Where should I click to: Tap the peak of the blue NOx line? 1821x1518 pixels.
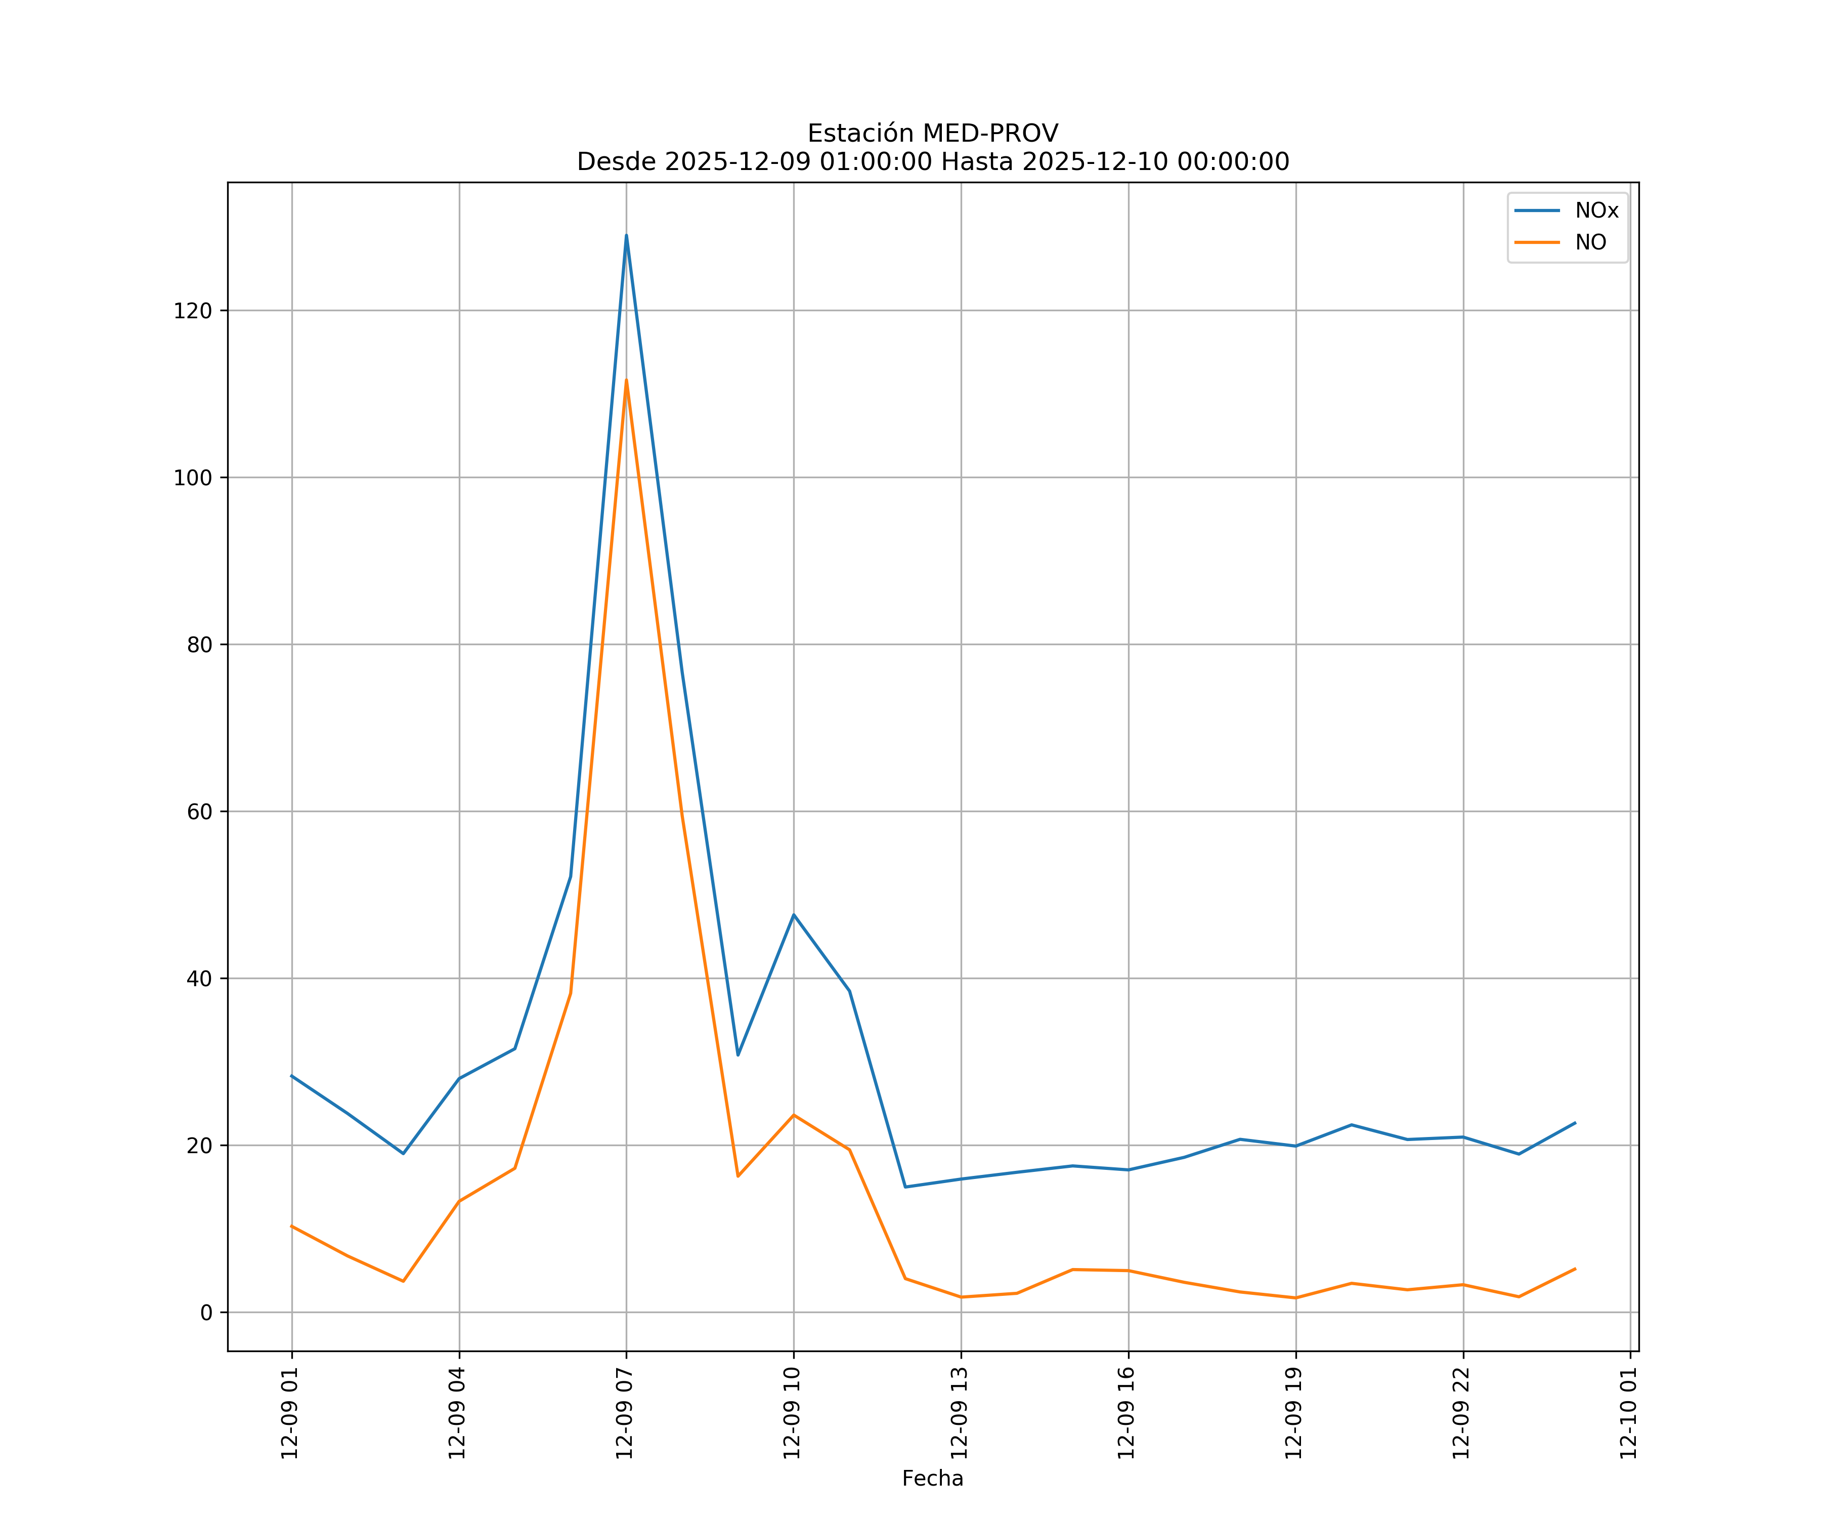click(x=626, y=235)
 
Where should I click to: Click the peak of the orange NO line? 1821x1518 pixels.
click(x=626, y=380)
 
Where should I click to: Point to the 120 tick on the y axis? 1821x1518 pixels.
click(x=193, y=311)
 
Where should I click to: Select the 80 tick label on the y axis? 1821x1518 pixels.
click(x=199, y=645)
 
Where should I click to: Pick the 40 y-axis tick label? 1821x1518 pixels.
click(x=199, y=979)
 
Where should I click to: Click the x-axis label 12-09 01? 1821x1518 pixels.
click(x=290, y=1413)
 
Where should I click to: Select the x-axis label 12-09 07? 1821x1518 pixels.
click(x=624, y=1413)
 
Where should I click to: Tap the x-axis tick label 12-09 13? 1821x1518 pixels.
click(x=959, y=1413)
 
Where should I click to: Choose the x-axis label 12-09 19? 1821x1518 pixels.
click(x=1294, y=1413)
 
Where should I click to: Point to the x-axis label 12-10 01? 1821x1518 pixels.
click(x=1628, y=1413)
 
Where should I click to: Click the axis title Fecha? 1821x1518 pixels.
click(x=932, y=1478)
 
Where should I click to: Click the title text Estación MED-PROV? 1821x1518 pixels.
click(x=932, y=134)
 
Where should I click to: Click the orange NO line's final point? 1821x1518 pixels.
click(x=1575, y=1269)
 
